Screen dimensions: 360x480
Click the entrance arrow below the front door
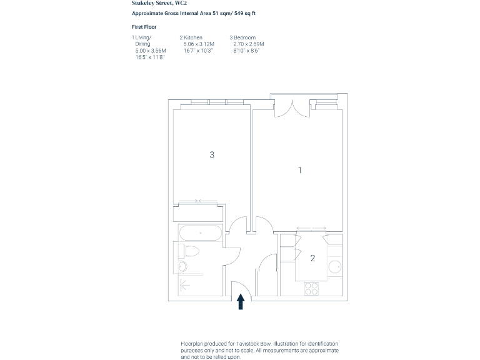(241, 302)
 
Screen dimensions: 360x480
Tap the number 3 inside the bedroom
(212, 154)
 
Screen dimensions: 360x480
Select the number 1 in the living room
(300, 169)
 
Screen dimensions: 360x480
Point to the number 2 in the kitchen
(312, 257)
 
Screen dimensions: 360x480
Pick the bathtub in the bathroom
(200, 234)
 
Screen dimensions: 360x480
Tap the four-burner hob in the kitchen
(311, 288)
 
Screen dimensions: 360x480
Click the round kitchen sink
(334, 266)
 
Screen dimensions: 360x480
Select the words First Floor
(144, 27)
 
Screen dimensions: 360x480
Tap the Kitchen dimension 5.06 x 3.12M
(199, 44)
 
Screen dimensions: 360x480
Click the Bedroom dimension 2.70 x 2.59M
(249, 44)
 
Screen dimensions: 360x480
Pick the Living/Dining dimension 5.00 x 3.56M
(151, 51)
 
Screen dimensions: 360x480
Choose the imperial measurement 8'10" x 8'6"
(246, 51)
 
